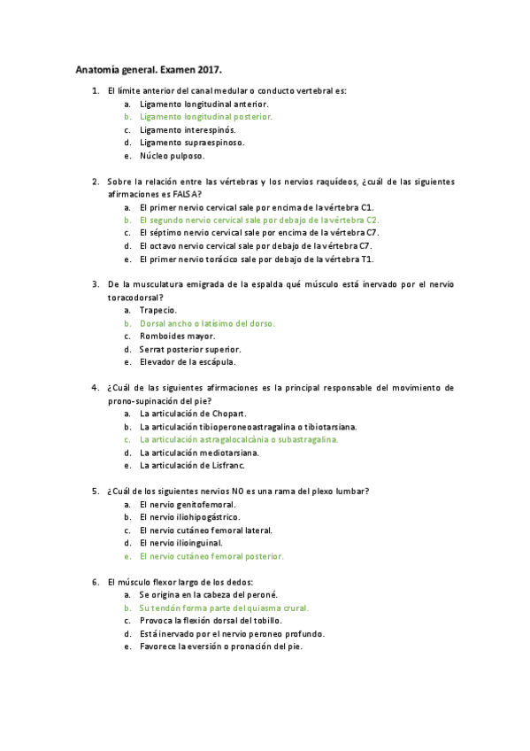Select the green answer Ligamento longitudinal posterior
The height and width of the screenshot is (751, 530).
pos(205,116)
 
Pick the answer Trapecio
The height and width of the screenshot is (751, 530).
pos(158,310)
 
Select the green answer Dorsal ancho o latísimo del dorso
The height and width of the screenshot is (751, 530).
pos(207,323)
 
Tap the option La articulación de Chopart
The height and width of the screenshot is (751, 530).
pos(193,414)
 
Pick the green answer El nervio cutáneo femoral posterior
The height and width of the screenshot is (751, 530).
pos(211,556)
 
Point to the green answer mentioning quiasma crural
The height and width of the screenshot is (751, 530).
pos(215,608)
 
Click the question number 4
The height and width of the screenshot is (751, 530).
pos(95,388)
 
